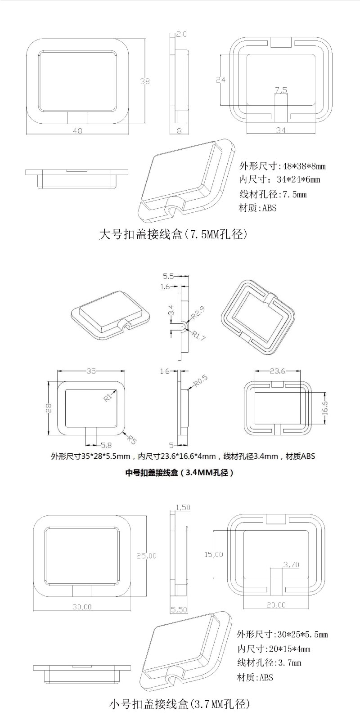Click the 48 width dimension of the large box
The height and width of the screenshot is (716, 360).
pyautogui.click(x=77, y=130)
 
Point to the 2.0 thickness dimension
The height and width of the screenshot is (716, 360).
pyautogui.click(x=181, y=34)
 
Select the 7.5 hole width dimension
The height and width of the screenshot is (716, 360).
pyautogui.click(x=280, y=90)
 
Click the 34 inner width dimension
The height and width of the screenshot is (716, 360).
pyautogui.click(x=281, y=130)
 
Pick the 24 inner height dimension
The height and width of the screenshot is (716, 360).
pyautogui.click(x=220, y=80)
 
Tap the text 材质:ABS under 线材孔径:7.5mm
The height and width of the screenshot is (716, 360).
pyautogui.click(x=258, y=208)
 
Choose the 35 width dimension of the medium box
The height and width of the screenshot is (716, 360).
pyautogui.click(x=91, y=371)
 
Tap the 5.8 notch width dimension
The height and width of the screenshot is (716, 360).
pyautogui.click(x=106, y=445)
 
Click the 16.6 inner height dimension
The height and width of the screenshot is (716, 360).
pyautogui.click(x=325, y=407)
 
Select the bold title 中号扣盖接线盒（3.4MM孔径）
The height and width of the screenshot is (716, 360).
pyautogui.click(x=179, y=473)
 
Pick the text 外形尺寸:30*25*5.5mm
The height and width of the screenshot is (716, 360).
pyautogui.click(x=282, y=635)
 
